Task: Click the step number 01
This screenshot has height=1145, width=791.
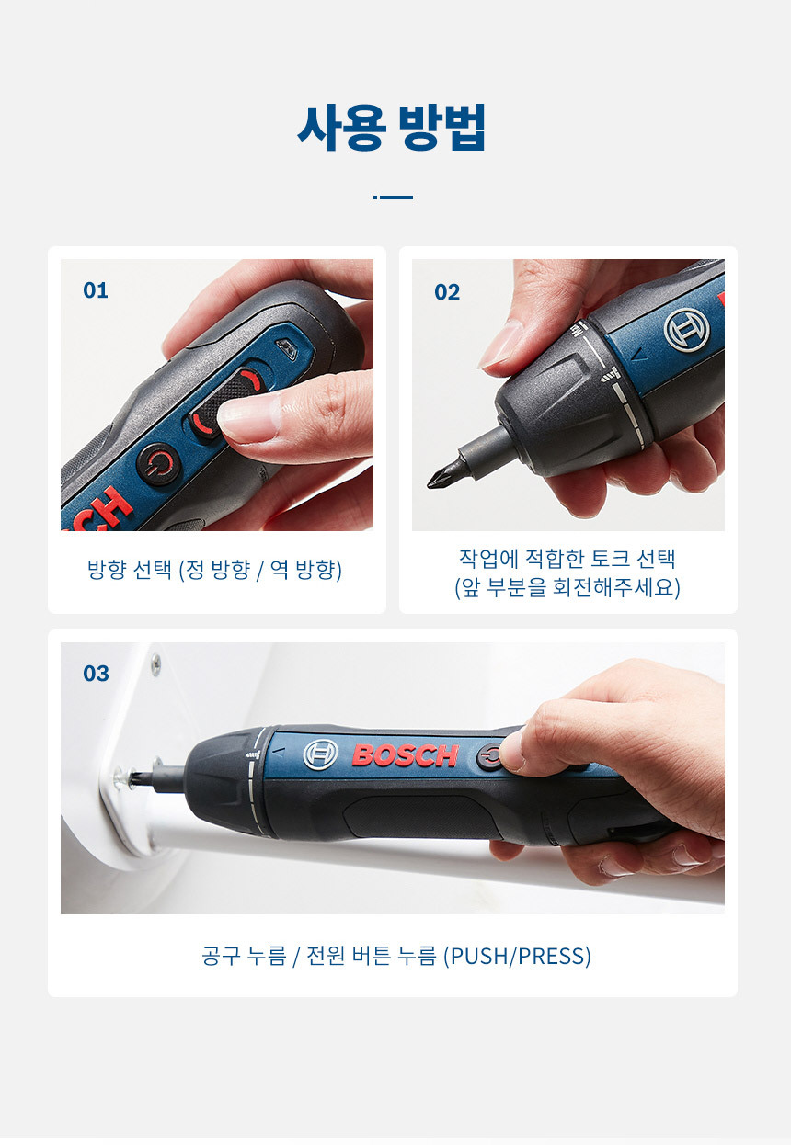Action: coord(96,290)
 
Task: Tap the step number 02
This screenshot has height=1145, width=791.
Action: coord(447,292)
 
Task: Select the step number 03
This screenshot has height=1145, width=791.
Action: coord(97,674)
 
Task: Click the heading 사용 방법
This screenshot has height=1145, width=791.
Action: coord(392,128)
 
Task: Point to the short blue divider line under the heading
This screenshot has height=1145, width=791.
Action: coord(393,198)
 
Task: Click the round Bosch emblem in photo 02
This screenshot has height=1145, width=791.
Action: coord(687,330)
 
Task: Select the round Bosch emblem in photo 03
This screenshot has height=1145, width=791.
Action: coord(321,754)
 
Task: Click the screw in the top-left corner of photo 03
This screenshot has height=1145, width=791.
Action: coord(155,665)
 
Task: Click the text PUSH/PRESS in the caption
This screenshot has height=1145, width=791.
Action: coord(517,956)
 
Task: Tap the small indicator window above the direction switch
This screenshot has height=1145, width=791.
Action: coord(287,348)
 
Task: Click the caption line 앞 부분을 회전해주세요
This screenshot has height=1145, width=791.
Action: coord(567,587)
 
